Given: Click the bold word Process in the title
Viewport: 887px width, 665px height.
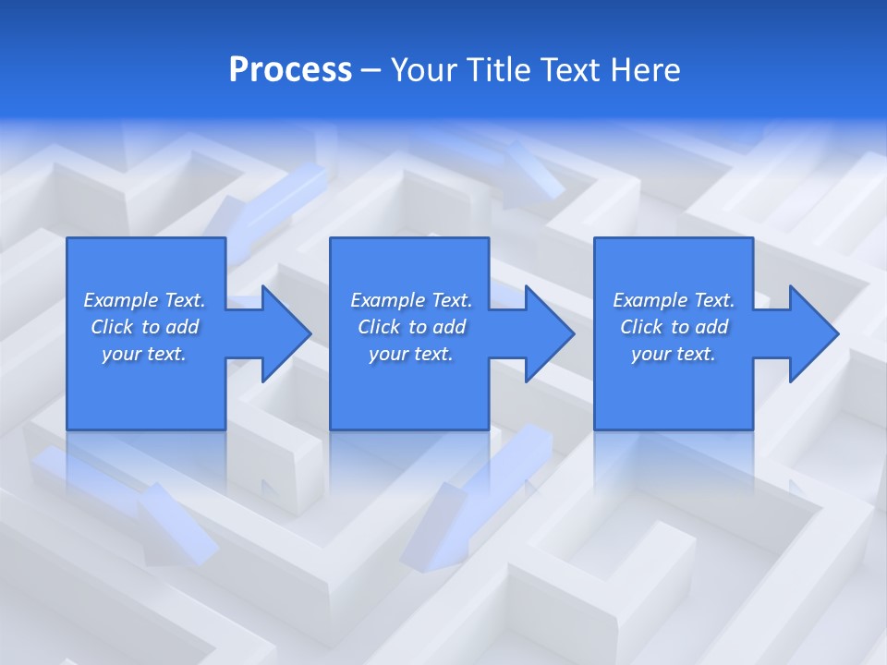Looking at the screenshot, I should [x=290, y=70].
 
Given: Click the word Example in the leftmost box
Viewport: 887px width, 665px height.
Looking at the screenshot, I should [x=121, y=300].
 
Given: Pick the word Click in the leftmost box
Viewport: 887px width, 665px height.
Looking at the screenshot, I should [x=112, y=327].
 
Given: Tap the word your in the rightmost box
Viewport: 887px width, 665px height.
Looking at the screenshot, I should [x=650, y=354].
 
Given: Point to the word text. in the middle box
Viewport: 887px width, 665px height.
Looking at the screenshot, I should [x=431, y=354].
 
